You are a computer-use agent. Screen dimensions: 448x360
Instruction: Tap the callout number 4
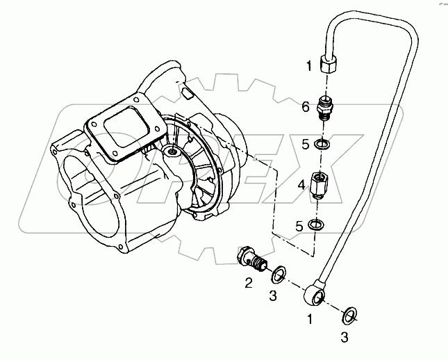pyautogui.click(x=301, y=186)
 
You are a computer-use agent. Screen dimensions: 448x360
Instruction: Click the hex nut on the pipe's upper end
pyautogui.click(x=329, y=65)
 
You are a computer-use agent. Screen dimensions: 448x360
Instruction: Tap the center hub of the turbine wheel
pyautogui.click(x=172, y=151)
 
